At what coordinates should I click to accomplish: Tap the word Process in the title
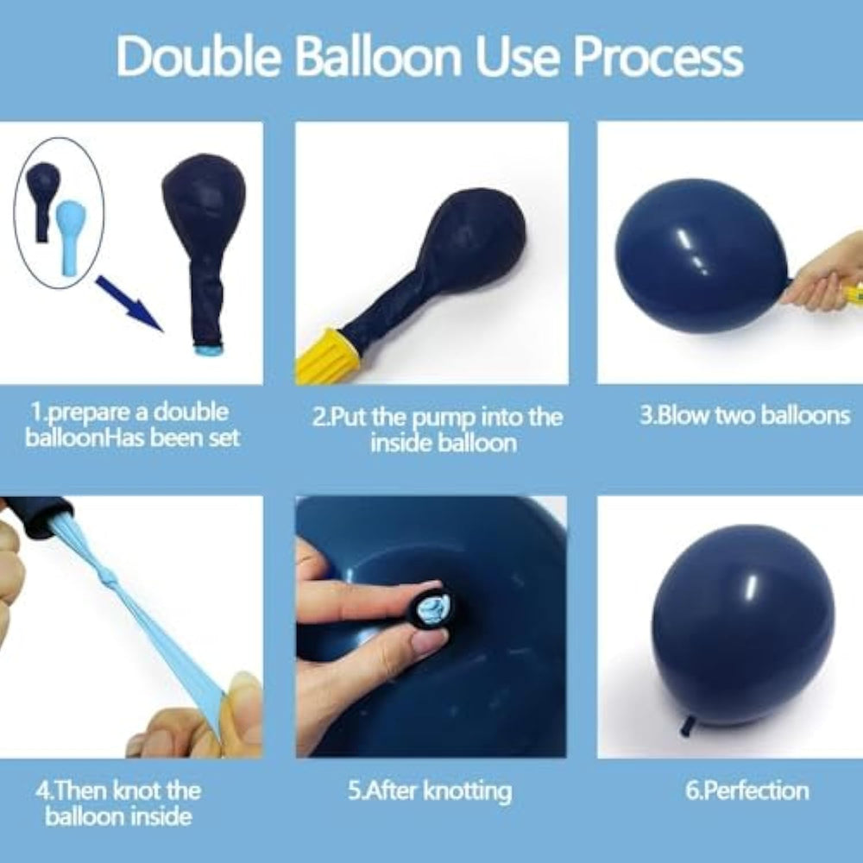pyautogui.click(x=658, y=57)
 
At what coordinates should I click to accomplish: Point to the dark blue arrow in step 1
pyautogui.click(x=130, y=304)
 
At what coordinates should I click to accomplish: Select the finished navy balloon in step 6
pyautogui.click(x=742, y=625)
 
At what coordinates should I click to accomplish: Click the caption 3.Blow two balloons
pyautogui.click(x=745, y=415)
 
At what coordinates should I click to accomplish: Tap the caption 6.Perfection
pyautogui.click(x=746, y=791)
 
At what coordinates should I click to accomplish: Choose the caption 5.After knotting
pyautogui.click(x=430, y=791)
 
